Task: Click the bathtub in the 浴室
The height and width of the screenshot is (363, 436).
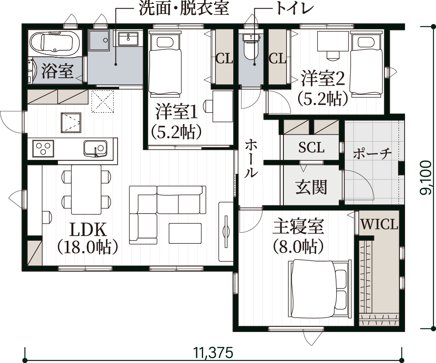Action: click(x=54, y=42)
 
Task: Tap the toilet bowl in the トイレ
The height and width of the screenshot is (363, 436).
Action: click(x=251, y=47)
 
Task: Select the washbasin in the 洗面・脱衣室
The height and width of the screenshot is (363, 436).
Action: click(x=128, y=39)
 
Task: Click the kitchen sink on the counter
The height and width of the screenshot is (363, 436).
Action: click(x=95, y=148)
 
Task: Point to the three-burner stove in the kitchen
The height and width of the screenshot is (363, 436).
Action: click(x=43, y=148)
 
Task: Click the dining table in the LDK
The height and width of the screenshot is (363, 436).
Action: click(x=86, y=190)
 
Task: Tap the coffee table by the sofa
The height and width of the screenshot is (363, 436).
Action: click(x=185, y=233)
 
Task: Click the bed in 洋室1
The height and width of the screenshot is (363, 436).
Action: click(x=165, y=63)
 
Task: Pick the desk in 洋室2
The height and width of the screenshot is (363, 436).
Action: click(x=333, y=41)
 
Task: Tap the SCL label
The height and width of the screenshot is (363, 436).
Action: click(x=311, y=147)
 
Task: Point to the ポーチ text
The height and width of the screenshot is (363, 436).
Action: click(x=372, y=153)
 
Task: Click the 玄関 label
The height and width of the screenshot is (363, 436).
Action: click(x=311, y=187)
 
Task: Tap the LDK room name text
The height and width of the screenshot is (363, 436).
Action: click(x=88, y=230)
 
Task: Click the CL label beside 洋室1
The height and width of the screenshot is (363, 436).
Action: click(x=224, y=59)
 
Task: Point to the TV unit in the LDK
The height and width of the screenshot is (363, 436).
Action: click(x=226, y=232)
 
